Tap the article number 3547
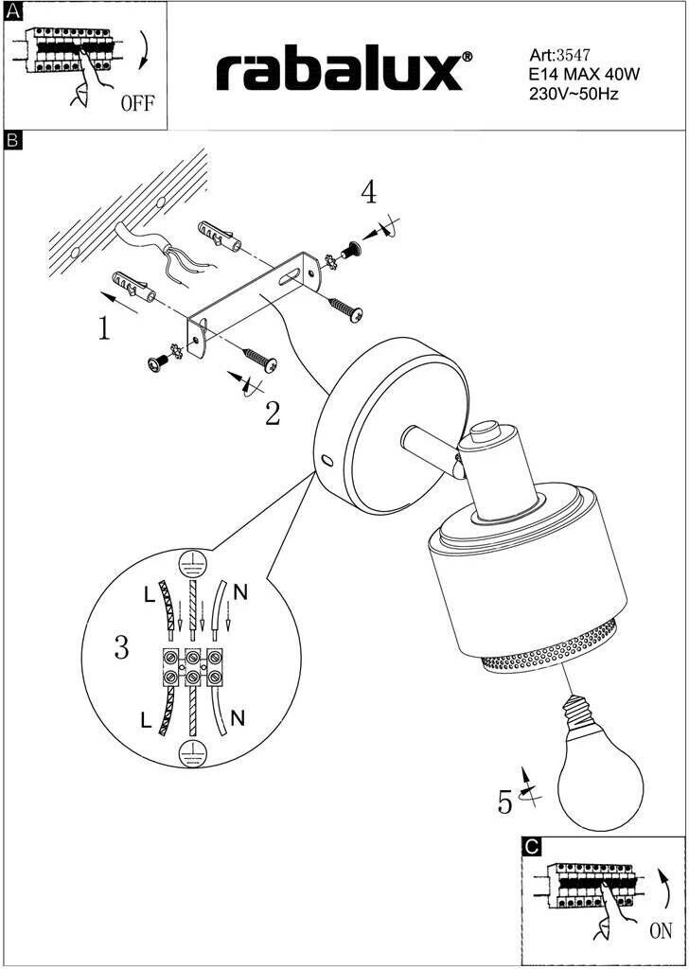(x=574, y=56)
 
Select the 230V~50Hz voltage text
(x=574, y=93)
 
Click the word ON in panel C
(x=661, y=931)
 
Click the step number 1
(x=105, y=328)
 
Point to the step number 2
(x=273, y=413)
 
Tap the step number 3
(x=121, y=648)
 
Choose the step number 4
(x=368, y=193)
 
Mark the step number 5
(x=505, y=802)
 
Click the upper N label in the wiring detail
(x=239, y=593)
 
